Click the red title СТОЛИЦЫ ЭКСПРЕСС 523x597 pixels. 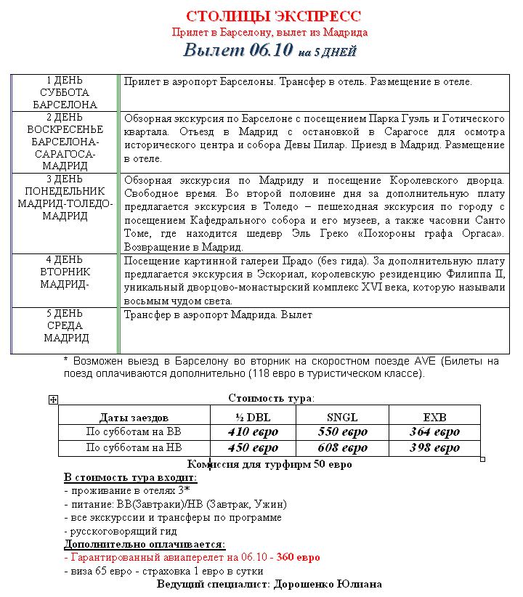click(x=273, y=17)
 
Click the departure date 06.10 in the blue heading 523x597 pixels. click(x=271, y=51)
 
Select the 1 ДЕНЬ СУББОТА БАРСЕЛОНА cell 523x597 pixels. click(x=65, y=93)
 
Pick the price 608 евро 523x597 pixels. click(x=343, y=448)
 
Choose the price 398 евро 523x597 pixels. click(x=434, y=448)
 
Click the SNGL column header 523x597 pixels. click(x=343, y=417)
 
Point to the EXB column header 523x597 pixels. click(x=434, y=417)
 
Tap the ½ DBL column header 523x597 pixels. click(x=252, y=417)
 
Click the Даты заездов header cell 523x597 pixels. click(x=134, y=418)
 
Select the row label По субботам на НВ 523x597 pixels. click(x=134, y=448)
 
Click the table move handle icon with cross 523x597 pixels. click(x=53, y=399)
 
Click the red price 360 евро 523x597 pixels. click(x=296, y=558)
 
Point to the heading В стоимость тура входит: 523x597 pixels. click(x=130, y=477)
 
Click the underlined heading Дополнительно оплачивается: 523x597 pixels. click(x=145, y=544)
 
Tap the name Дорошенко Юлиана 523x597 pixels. click(x=328, y=584)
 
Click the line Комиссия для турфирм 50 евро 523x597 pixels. click(x=269, y=464)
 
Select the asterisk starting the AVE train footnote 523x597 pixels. click(x=66, y=361)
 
